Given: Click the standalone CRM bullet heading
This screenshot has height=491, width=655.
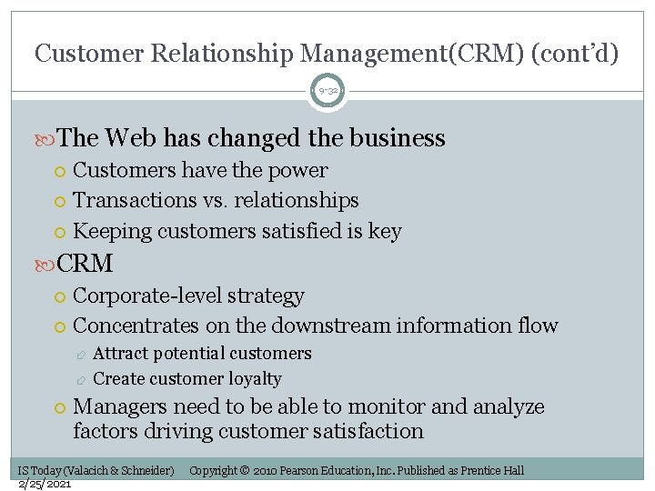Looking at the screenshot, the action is pos(85,264).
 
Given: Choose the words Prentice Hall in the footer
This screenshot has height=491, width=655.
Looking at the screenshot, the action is pos(492,471).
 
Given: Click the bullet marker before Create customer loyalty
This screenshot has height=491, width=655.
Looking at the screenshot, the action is pos(82,379).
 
